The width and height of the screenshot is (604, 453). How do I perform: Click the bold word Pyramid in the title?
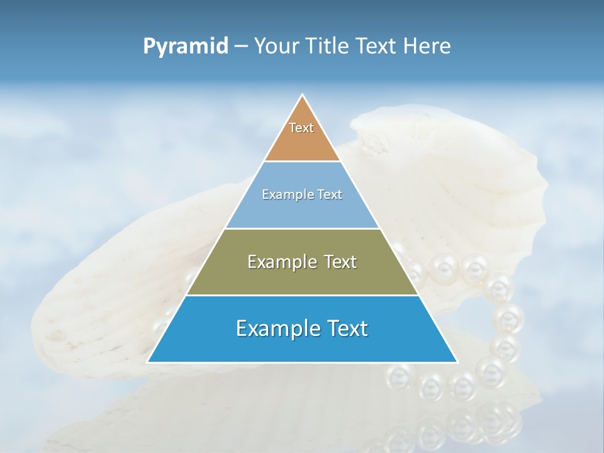pos(186,47)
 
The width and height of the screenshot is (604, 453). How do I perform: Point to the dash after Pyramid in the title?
pos(240,47)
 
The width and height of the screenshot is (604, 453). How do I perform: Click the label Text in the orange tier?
pos(301,128)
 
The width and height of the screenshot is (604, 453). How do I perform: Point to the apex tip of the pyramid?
pos(303,96)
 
